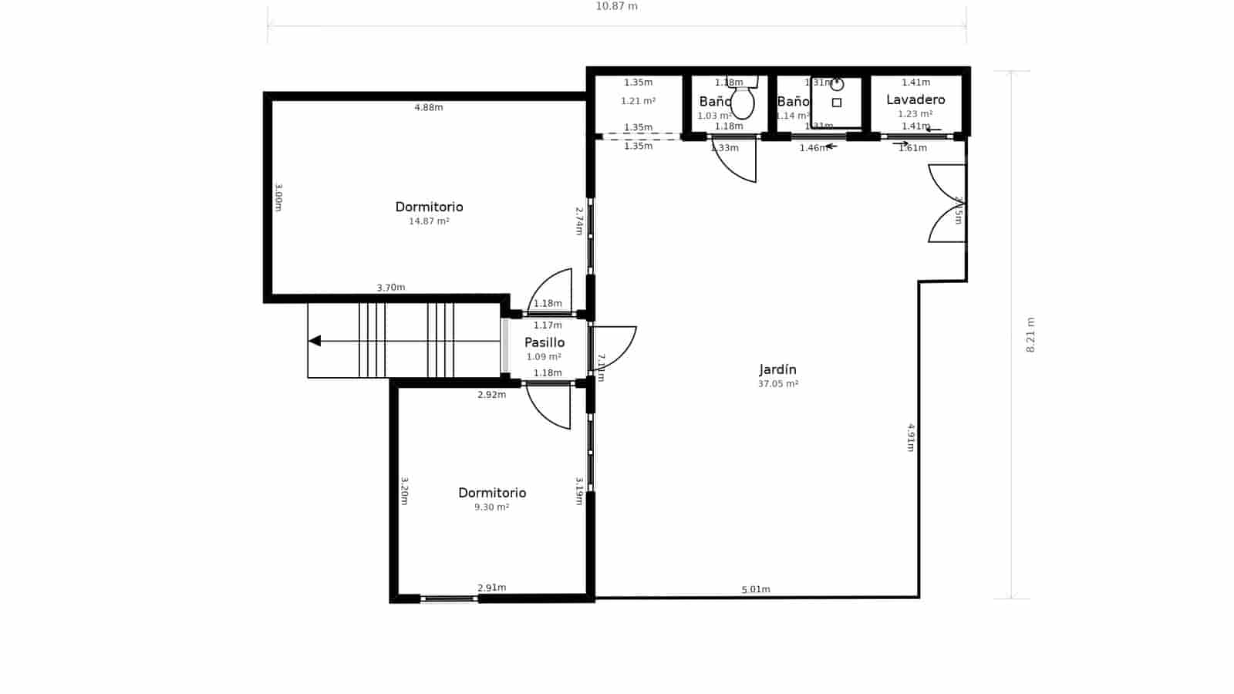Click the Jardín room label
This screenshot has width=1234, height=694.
click(777, 370)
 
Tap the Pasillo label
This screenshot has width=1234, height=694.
click(545, 343)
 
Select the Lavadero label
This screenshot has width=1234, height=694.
click(915, 100)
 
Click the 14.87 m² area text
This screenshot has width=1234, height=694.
click(429, 221)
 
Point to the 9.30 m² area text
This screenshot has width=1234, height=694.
click(491, 507)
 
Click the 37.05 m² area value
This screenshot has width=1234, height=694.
click(777, 384)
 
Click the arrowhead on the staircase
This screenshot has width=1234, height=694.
click(315, 341)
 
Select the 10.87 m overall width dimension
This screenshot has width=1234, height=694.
click(616, 7)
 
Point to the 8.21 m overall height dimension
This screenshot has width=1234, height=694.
click(1030, 335)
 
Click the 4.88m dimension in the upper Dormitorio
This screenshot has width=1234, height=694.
click(429, 108)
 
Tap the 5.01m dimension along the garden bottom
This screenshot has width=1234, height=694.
click(756, 590)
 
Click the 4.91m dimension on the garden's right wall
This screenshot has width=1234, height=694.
click(911, 437)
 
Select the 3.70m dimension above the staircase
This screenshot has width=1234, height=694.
click(391, 288)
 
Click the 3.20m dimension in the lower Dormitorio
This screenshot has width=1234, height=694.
click(404, 491)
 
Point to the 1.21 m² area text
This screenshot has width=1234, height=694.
click(638, 101)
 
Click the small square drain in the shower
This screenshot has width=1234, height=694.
click(837, 103)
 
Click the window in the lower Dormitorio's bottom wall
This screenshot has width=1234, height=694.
click(449, 598)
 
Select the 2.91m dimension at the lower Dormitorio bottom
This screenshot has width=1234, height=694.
click(492, 588)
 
